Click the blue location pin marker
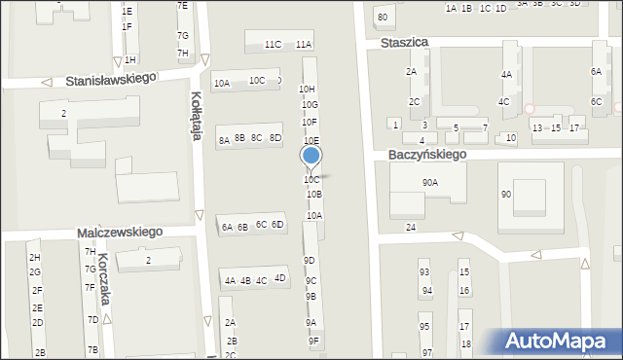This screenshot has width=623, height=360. (x=311, y=156)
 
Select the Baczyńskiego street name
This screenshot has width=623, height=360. (x=427, y=154)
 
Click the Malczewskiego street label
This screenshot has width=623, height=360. (x=120, y=234)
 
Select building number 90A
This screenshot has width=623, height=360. (x=429, y=182)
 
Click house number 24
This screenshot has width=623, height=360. (x=411, y=227)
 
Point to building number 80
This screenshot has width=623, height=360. (x=383, y=18)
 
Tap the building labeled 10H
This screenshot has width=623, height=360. (x=306, y=89)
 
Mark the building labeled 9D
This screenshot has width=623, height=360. (x=309, y=261)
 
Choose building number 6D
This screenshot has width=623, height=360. (x=277, y=225)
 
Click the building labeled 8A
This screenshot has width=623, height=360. (x=224, y=141)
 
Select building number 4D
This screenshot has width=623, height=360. (x=280, y=278)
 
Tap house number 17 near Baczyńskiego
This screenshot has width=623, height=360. (x=574, y=128)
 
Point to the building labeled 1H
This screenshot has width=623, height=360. (x=129, y=60)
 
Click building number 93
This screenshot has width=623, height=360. (x=424, y=272)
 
